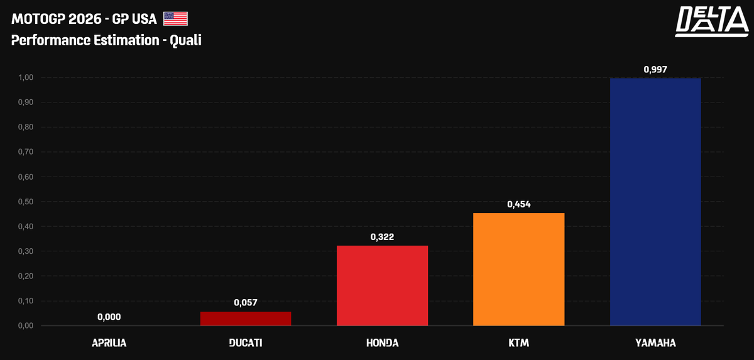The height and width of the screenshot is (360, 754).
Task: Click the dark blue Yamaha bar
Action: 655,202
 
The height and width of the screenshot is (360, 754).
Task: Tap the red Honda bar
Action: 382,285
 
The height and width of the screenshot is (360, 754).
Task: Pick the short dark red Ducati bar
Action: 246,319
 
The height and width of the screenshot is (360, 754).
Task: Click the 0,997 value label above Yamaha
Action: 655,69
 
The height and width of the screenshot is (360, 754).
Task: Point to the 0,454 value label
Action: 519,204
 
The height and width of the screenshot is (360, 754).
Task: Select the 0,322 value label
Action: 382,237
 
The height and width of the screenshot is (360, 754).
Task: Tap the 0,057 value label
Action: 246,303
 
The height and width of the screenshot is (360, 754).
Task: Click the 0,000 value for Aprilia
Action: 109,317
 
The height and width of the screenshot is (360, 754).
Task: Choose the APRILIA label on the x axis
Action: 109,343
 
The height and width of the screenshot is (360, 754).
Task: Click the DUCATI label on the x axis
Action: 246,343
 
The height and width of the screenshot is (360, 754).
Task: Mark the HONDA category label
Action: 382,343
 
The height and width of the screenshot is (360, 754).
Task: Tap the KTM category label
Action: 519,343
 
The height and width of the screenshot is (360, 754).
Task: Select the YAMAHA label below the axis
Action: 655,343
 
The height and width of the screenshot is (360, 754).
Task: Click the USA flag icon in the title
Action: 175,19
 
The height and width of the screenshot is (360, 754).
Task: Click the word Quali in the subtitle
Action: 186,40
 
